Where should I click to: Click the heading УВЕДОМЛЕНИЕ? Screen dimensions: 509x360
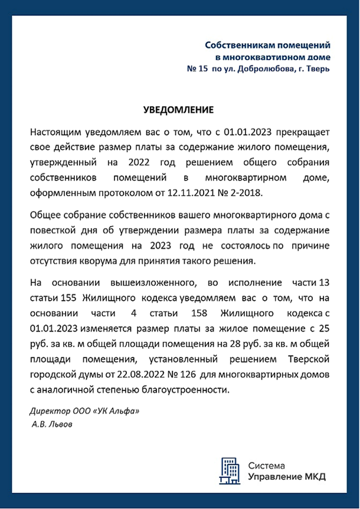tap(178, 110)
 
